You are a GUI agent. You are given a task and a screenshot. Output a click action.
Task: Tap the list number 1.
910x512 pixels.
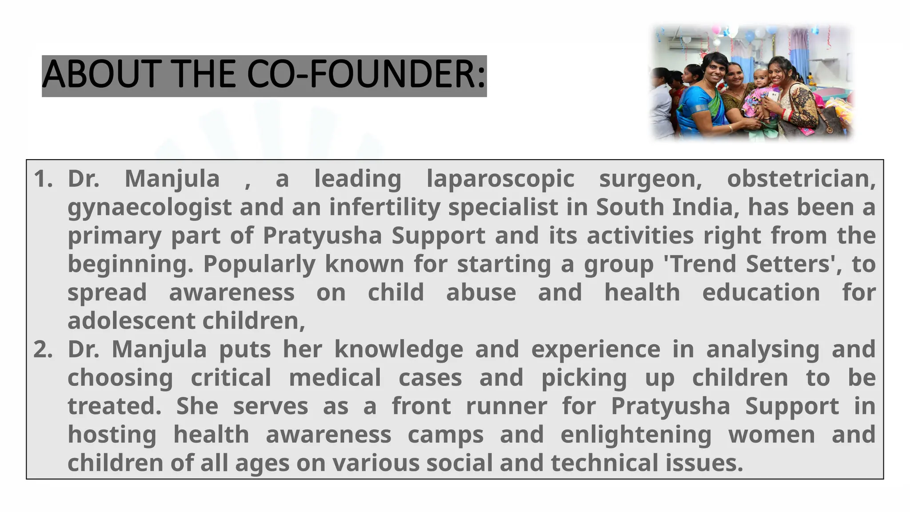(x=43, y=179)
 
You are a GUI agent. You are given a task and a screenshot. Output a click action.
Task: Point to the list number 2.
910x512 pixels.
(x=43, y=349)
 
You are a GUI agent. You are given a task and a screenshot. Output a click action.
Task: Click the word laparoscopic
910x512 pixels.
(x=500, y=179)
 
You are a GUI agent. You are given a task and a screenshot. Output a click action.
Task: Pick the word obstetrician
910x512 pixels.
(x=801, y=179)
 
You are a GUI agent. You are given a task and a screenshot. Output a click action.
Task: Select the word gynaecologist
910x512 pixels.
(x=149, y=208)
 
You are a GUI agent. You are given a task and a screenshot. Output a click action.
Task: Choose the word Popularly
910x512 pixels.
(x=259, y=264)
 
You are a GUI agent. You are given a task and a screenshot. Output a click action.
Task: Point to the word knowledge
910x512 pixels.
(x=399, y=349)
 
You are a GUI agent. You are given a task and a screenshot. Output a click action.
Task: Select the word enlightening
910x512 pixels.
(x=636, y=435)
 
